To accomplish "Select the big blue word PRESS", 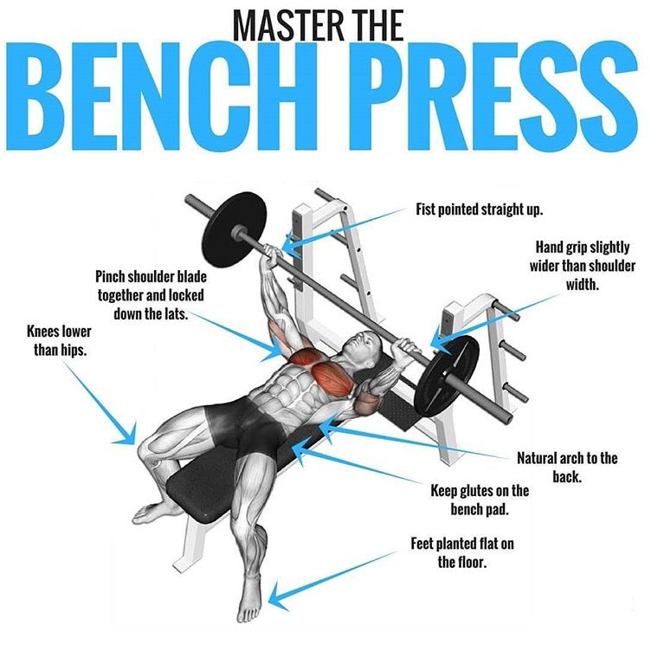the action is click(x=493, y=95).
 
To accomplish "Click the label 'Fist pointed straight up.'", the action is click(x=480, y=210).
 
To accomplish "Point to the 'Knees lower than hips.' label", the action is click(x=59, y=340).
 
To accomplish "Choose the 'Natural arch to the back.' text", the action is click(x=567, y=468).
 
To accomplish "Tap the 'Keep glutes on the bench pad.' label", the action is click(x=480, y=500).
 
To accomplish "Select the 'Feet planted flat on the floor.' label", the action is click(x=462, y=552).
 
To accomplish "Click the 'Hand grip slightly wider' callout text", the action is click(x=582, y=266).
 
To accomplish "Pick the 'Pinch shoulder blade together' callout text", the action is click(x=151, y=295).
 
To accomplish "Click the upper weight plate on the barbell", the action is click(x=234, y=229).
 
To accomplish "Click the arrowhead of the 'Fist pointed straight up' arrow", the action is click(x=291, y=246).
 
